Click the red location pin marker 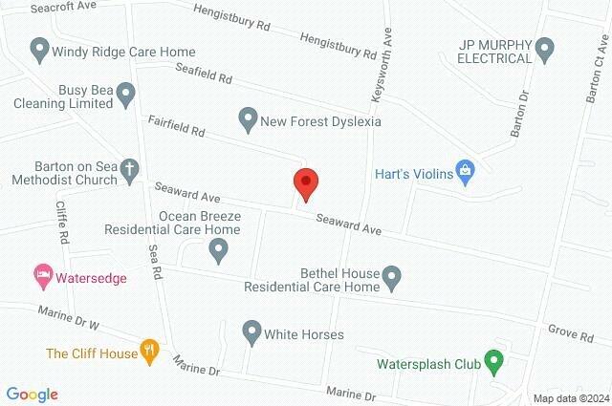pos(305,182)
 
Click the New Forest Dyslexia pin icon pos(248,118)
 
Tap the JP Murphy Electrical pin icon pos(545,46)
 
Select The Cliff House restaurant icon pos(149,351)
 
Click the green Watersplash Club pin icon pos(493,362)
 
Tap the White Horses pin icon pos(251,332)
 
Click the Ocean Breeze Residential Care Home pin pos(219,250)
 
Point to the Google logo pos(32,394)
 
